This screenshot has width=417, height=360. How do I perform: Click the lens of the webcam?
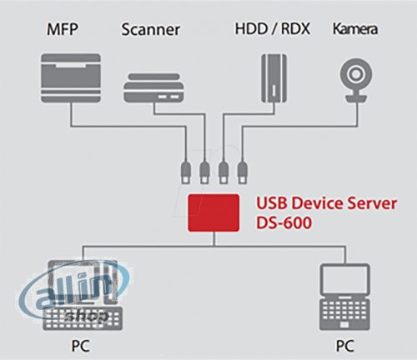(353, 73)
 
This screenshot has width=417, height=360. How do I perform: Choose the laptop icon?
(344, 296)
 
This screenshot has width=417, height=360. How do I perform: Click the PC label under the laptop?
(344, 342)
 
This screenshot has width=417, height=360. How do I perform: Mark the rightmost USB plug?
(243, 173)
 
